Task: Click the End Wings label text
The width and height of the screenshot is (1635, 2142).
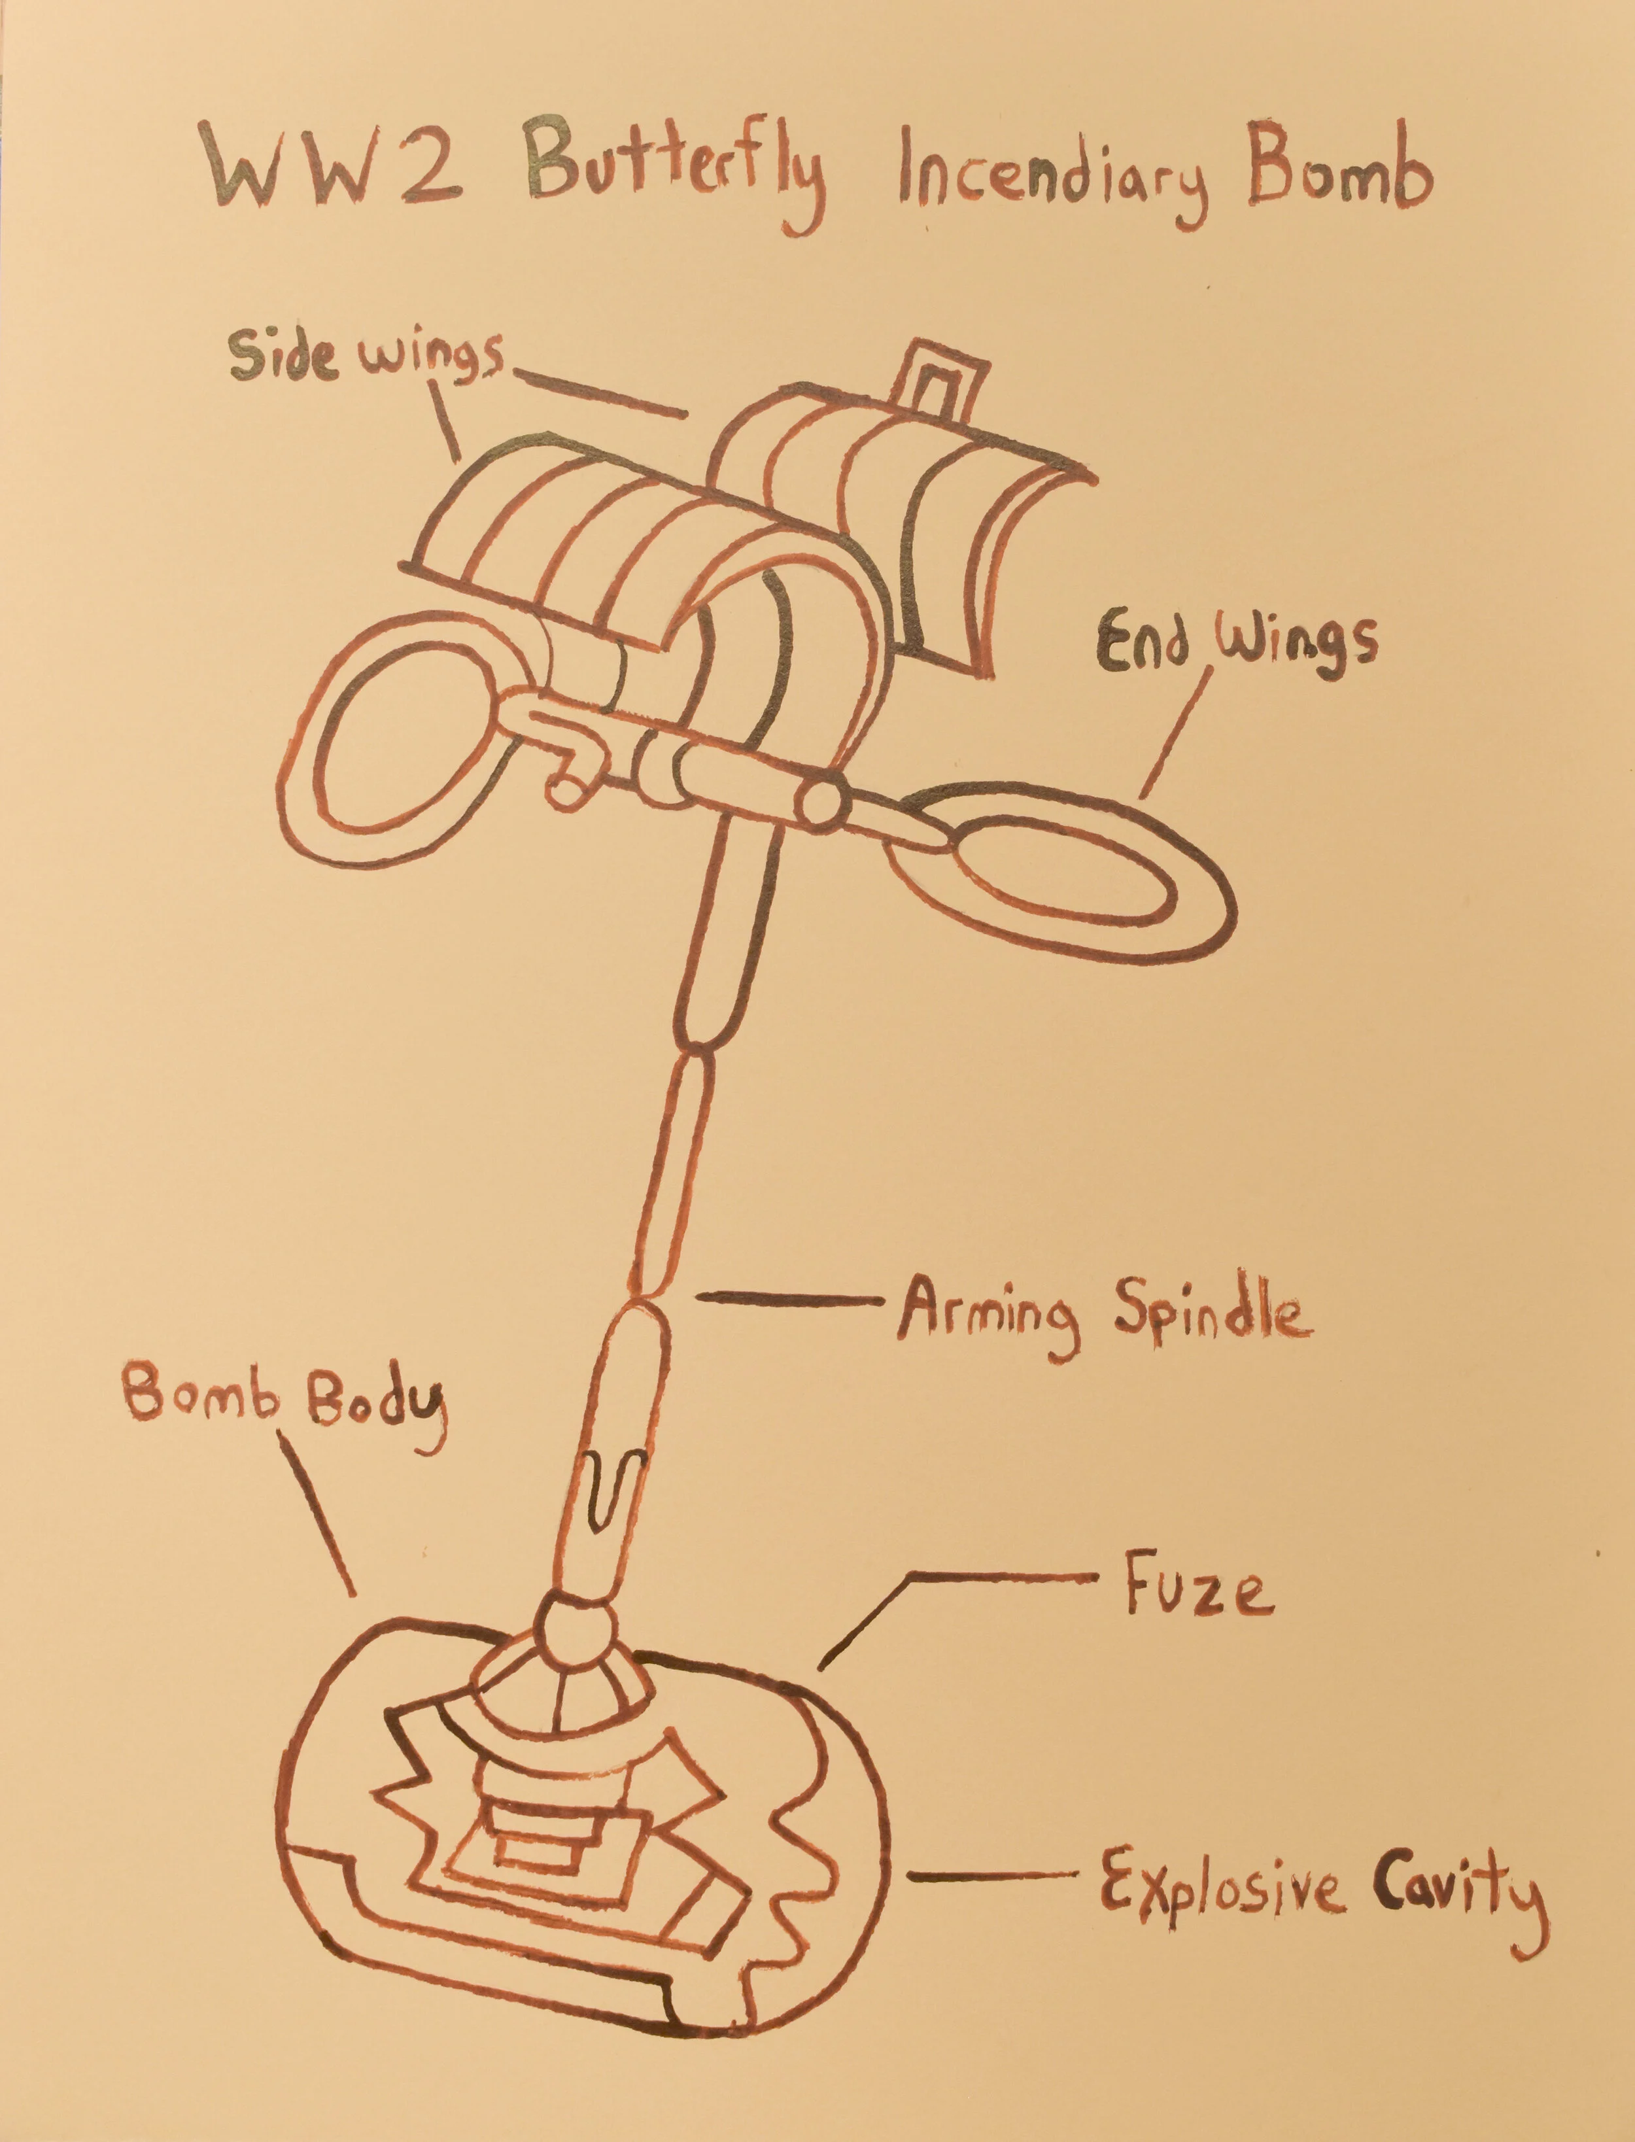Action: tap(1237, 642)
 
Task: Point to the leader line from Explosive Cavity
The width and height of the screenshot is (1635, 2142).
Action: tap(993, 1874)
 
